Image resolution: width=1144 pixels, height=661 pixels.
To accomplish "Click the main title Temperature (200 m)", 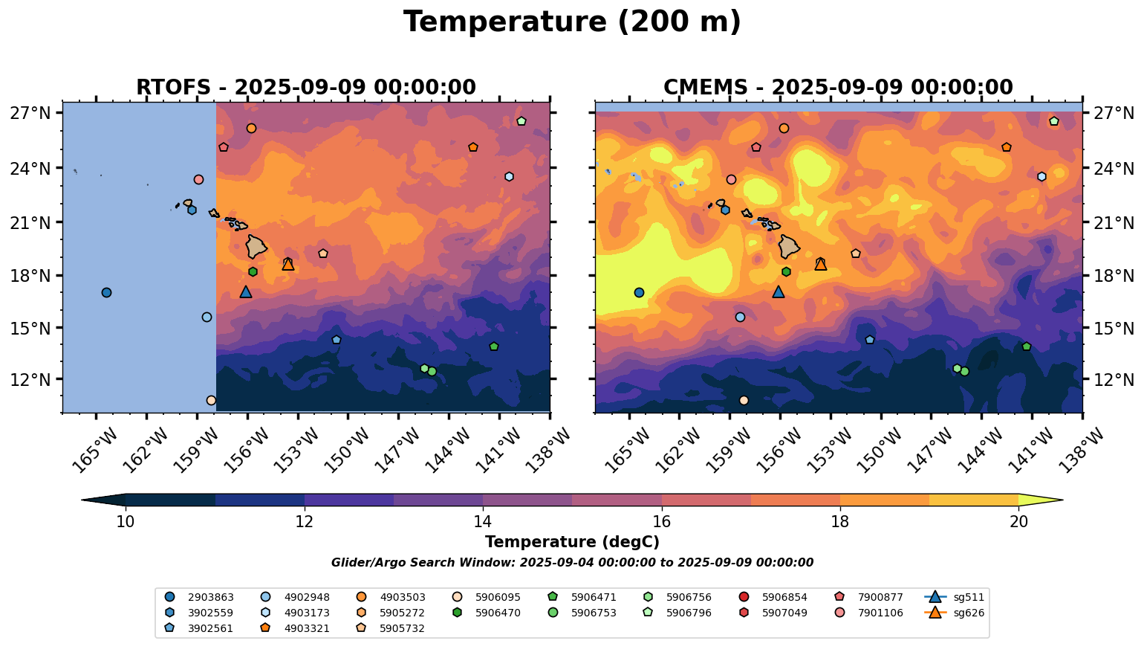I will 572,22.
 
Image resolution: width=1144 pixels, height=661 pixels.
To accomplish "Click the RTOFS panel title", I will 305,88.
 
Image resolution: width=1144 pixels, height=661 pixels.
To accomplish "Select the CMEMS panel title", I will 838,88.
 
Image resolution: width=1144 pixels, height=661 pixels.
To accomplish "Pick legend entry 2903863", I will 201,597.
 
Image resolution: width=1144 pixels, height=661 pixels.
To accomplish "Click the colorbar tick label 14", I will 483,522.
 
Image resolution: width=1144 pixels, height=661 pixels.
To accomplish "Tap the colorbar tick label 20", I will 1018,522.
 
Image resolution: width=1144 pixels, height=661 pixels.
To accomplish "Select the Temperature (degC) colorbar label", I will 572,543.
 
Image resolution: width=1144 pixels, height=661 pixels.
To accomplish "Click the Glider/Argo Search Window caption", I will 572,563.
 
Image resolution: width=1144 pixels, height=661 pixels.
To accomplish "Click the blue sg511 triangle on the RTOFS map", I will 246,292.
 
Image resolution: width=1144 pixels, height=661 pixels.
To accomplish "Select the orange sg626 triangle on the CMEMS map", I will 820,264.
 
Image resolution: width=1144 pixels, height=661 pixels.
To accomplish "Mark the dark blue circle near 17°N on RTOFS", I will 106,292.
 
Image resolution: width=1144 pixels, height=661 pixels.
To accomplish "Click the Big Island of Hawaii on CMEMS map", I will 789,246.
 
